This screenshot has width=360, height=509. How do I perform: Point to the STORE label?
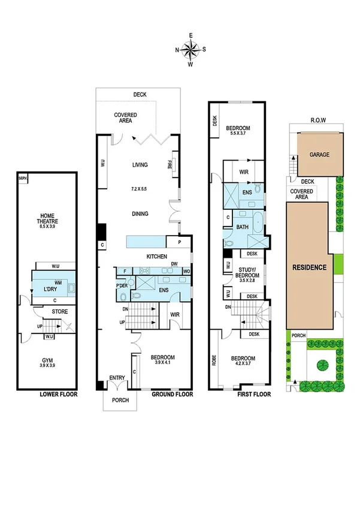[60, 311]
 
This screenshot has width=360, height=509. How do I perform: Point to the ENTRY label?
[117, 378]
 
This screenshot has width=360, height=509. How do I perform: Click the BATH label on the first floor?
[243, 227]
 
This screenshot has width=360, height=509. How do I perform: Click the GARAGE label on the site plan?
[319, 155]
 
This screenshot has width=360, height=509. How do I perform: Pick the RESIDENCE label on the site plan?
[308, 267]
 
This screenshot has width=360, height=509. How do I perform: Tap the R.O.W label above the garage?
[318, 120]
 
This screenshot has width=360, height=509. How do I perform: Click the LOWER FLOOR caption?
[58, 394]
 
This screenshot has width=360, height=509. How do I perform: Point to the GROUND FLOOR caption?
[171, 394]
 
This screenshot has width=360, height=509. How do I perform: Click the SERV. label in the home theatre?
[23, 179]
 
